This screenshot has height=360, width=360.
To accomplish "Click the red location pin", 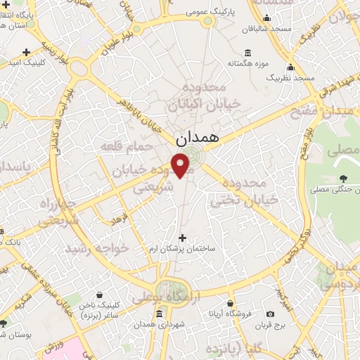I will (x=182, y=166).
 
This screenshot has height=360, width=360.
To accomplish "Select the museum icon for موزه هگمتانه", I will (x=247, y=53).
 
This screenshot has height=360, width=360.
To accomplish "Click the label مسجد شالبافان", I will (x=266, y=30).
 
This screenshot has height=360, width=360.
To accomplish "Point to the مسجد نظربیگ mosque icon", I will (x=290, y=68).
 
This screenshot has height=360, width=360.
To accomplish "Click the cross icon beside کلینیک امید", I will (x=27, y=52).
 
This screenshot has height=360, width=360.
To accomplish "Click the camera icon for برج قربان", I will (x=270, y=314).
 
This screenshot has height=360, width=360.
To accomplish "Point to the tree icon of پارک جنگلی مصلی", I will (x=344, y=179).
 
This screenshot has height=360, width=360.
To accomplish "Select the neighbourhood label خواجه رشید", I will (x=96, y=249).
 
